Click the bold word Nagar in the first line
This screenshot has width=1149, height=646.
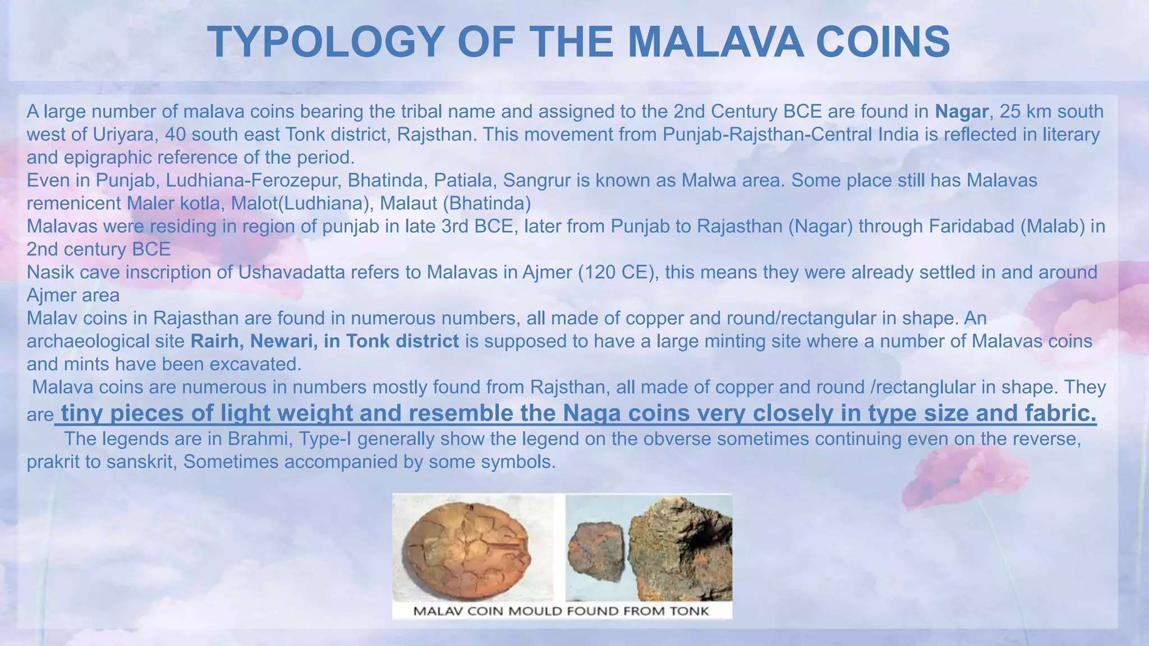pyautogui.click(x=961, y=112)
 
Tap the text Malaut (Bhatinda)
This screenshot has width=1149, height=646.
pyautogui.click(x=455, y=203)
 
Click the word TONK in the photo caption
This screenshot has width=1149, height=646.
pyautogui.click(x=690, y=611)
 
